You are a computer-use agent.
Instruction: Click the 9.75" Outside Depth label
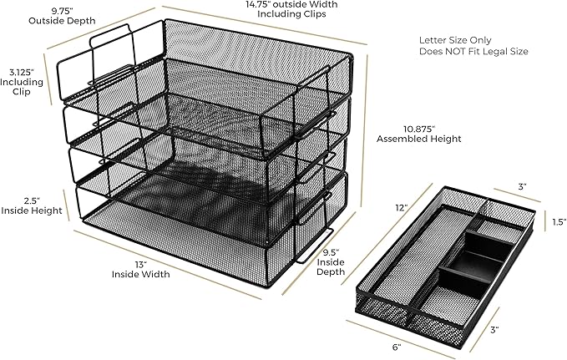(x=62, y=16)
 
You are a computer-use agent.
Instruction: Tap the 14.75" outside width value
(x=256, y=5)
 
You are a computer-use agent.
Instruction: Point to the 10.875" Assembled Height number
(x=418, y=129)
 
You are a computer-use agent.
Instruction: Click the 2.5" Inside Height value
(x=32, y=200)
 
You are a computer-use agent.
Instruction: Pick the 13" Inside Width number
(x=140, y=264)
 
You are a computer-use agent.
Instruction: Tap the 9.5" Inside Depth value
(x=331, y=252)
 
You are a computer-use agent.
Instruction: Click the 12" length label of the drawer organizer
(x=402, y=208)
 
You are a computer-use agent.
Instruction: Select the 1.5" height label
(x=559, y=222)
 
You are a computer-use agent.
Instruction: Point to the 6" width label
(x=397, y=347)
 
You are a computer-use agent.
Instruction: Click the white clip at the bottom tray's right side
(x=315, y=246)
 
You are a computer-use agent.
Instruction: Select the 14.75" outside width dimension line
(x=265, y=25)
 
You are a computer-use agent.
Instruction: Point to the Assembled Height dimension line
(x=364, y=131)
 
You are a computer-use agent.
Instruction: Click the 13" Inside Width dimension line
(x=167, y=265)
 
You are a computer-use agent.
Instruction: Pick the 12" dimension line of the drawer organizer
(x=387, y=234)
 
